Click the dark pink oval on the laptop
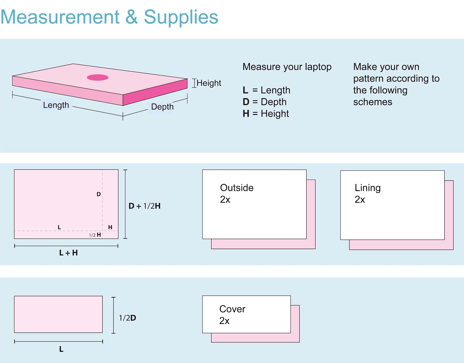(x=97, y=77)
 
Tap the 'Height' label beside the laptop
(x=209, y=83)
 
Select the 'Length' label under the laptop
(x=56, y=105)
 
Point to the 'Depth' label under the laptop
(x=162, y=107)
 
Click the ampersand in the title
(x=131, y=17)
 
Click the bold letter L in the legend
(x=245, y=90)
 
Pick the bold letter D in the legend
(x=246, y=102)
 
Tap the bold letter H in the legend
(x=246, y=113)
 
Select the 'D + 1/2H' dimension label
(x=144, y=206)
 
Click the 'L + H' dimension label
(x=68, y=253)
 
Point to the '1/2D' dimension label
(x=128, y=318)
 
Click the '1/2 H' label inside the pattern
(x=95, y=235)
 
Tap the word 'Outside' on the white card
(x=237, y=188)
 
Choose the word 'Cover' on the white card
(x=232, y=309)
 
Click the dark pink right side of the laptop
(x=155, y=92)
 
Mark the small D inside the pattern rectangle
(x=98, y=194)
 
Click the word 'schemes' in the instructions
(x=373, y=102)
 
